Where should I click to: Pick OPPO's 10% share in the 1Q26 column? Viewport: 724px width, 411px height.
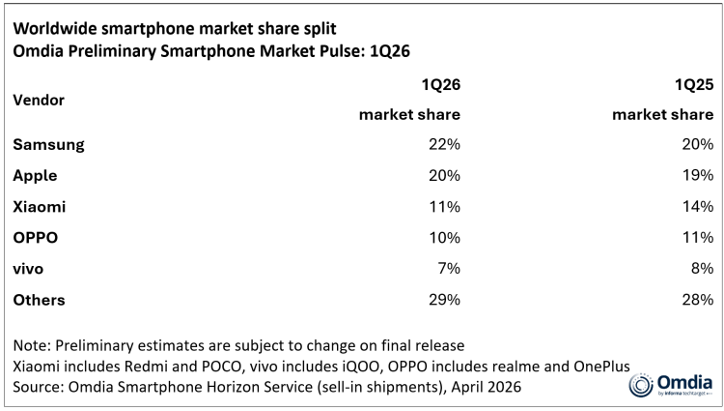(444, 238)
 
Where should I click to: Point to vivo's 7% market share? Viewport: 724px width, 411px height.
(448, 269)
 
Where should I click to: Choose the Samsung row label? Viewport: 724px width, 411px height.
(49, 144)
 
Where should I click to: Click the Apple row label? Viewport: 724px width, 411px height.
(36, 176)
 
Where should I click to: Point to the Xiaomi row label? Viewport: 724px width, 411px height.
(41, 207)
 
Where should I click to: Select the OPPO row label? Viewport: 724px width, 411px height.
(36, 238)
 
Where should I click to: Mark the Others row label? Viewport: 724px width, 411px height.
(40, 300)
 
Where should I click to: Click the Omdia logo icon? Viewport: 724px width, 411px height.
(640, 384)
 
